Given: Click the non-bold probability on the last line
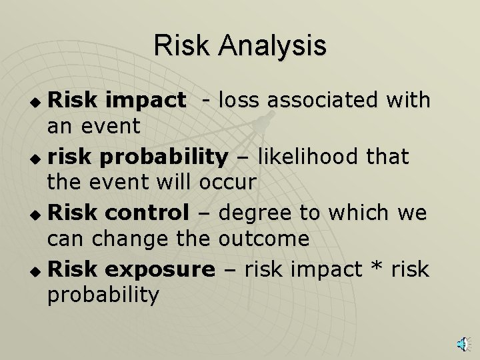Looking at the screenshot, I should pos(103,294).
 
